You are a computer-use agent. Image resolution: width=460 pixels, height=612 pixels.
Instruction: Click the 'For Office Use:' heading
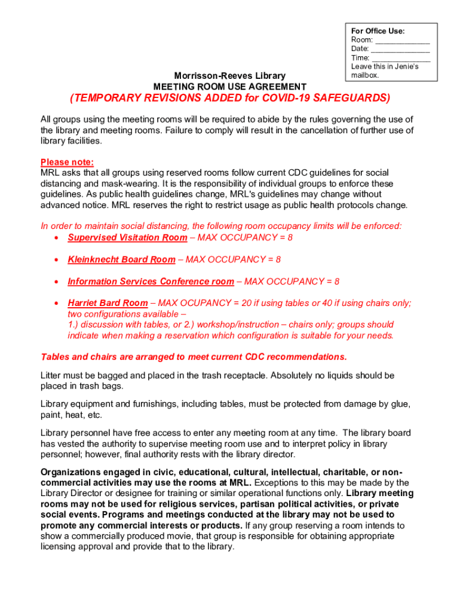point(378,30)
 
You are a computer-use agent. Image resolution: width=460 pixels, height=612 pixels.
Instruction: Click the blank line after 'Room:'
point(403,39)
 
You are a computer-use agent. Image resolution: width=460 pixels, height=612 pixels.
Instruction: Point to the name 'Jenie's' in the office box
point(406,66)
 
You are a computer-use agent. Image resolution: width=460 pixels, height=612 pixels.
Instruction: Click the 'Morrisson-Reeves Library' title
point(229,76)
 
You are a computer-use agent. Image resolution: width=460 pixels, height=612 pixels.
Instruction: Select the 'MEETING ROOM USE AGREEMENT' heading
point(230,86)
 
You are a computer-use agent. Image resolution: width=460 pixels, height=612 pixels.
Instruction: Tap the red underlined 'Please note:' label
point(67,162)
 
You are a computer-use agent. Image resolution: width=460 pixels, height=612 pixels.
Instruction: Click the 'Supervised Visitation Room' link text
point(127,238)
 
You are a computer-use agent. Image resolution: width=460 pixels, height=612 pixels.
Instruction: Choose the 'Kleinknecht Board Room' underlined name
point(121,259)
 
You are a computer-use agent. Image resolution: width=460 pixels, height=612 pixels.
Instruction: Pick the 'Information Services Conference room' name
point(151,281)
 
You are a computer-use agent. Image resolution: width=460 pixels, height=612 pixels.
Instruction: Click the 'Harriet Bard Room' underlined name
point(108,303)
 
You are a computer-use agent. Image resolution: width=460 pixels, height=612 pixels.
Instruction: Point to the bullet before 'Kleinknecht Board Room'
point(56,260)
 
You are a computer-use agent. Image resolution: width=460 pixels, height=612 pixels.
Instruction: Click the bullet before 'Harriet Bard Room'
point(56,304)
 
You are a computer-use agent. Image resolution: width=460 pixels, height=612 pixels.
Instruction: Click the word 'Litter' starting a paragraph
point(51,375)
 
